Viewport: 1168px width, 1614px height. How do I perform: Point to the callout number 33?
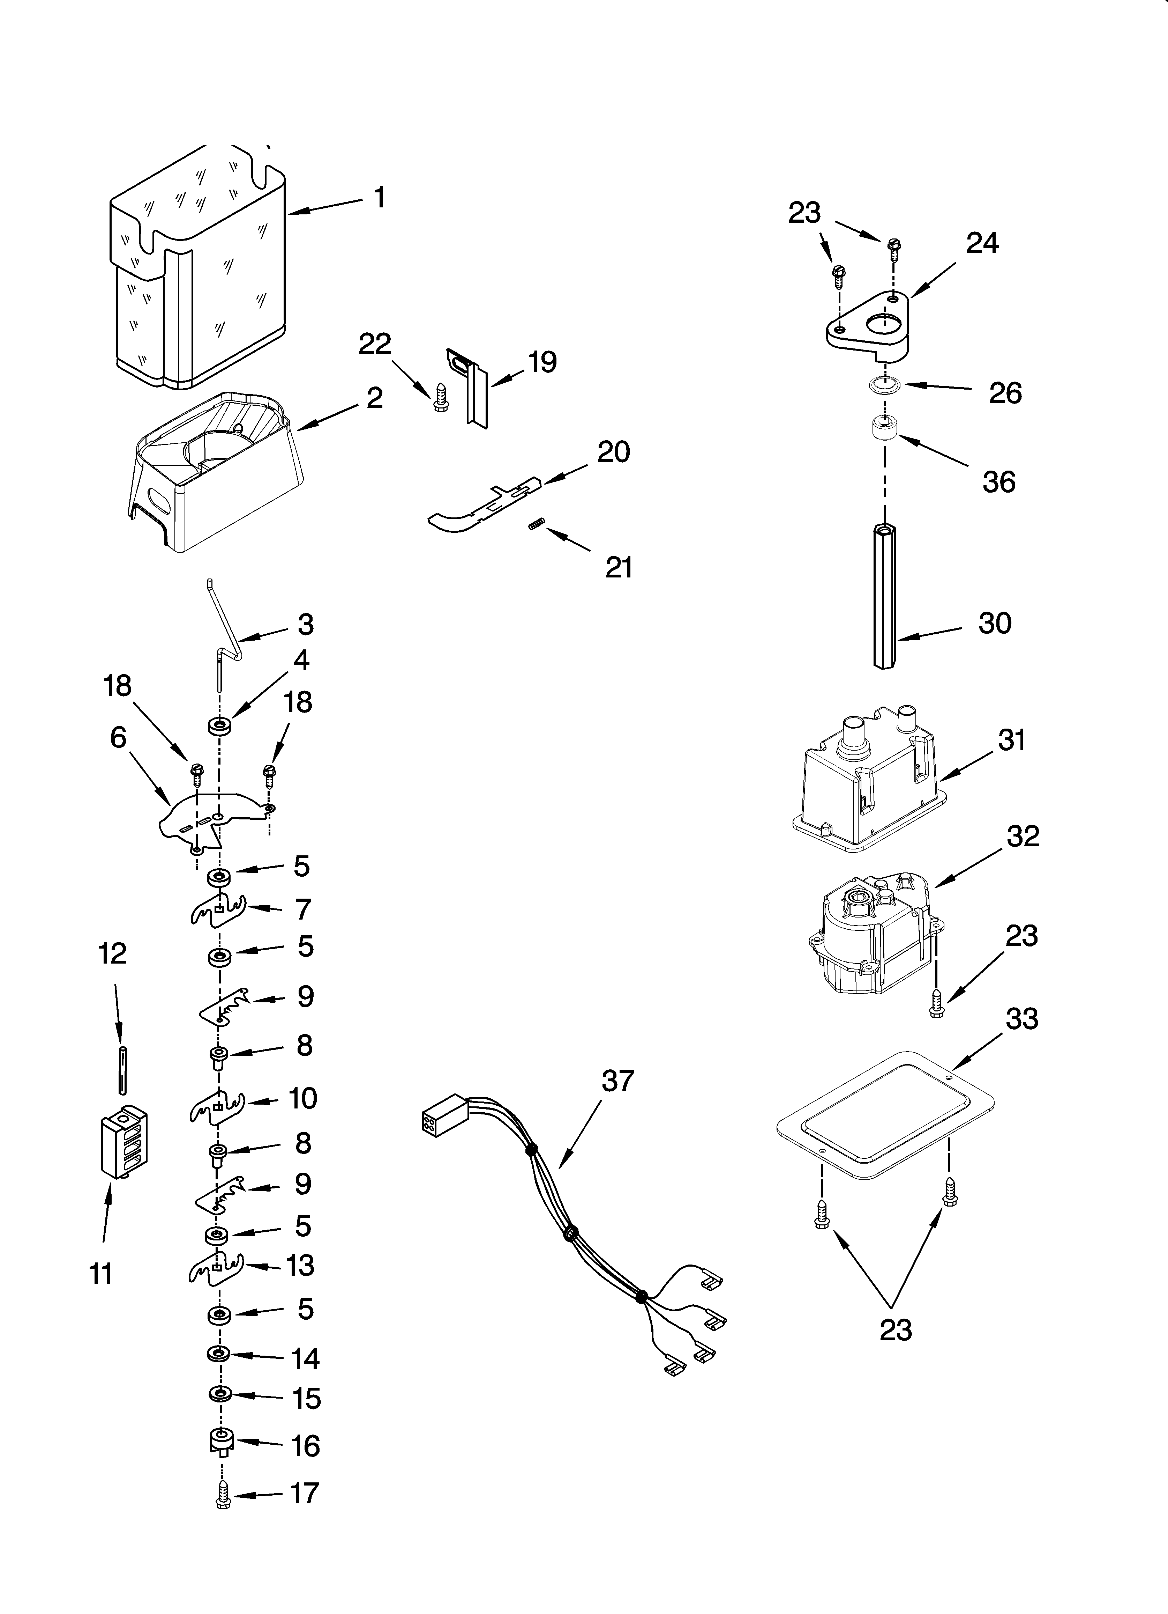tap(1022, 1018)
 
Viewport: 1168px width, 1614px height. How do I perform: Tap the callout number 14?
tap(305, 1359)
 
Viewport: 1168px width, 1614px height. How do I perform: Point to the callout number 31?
tap(1011, 740)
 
